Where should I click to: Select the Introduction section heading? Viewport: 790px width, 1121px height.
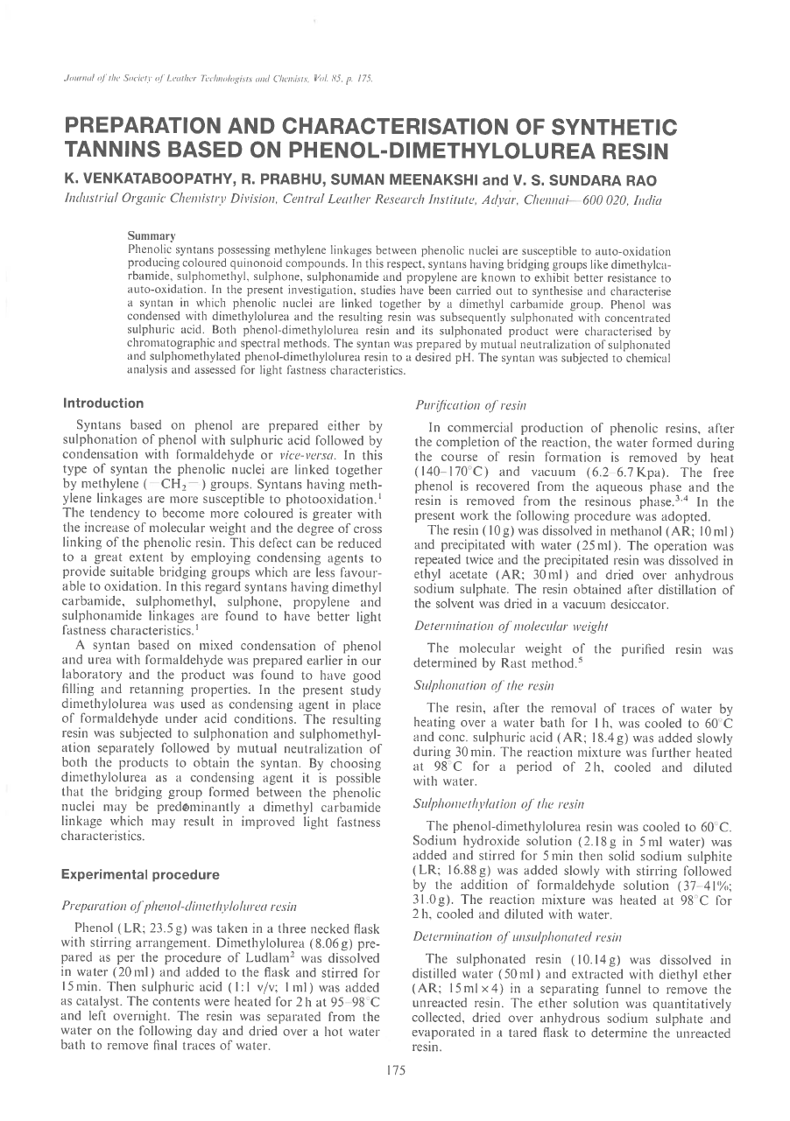(103, 403)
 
